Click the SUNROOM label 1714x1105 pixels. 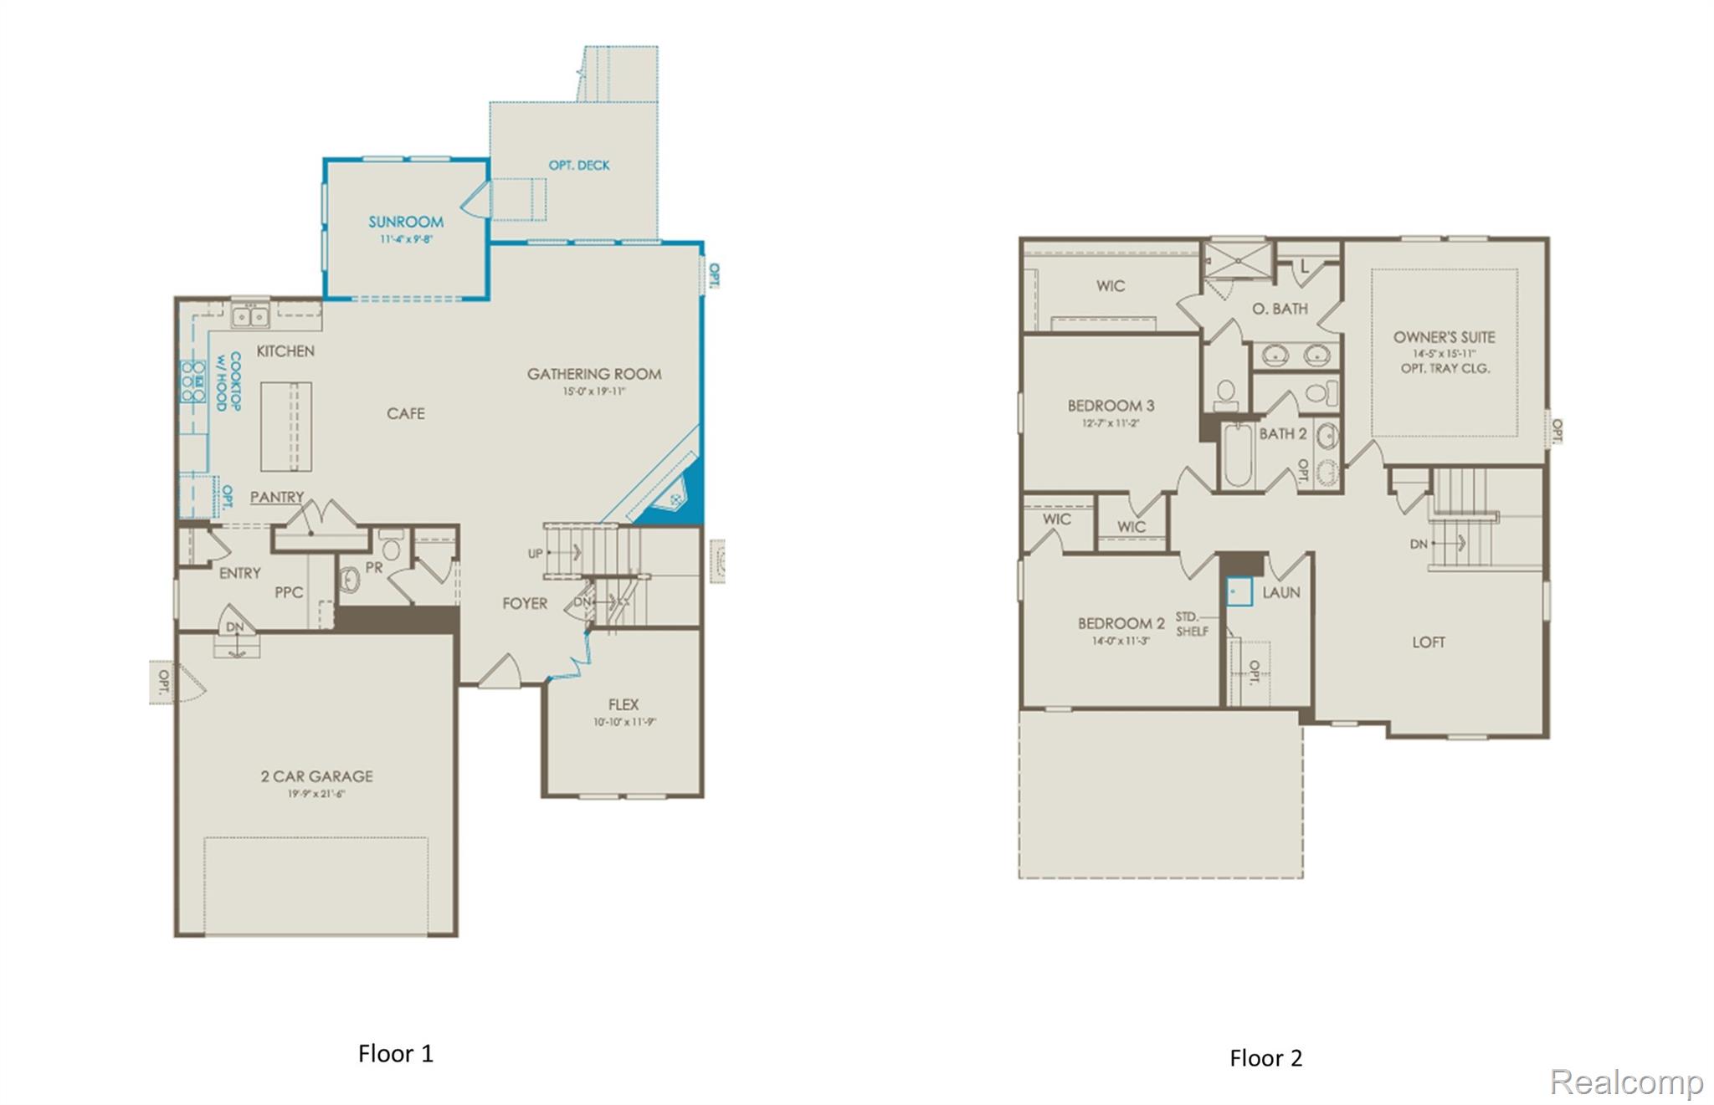coord(406,222)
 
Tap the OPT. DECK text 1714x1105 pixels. coord(579,166)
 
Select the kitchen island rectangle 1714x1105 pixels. coord(286,427)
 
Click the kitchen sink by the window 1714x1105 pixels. coord(249,317)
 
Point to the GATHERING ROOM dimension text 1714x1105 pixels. coord(594,391)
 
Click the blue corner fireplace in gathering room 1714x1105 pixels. coord(675,501)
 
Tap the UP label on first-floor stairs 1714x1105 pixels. coord(536,554)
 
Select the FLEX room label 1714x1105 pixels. coord(624,704)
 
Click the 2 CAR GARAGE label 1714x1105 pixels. coord(316,776)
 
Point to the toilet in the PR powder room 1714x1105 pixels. coord(391,549)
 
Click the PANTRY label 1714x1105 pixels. coord(277,497)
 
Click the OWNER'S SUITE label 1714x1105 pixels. coord(1444,337)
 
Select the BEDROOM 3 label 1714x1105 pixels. coord(1111,406)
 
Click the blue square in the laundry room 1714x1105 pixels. coord(1239,591)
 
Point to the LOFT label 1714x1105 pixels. coord(1428,642)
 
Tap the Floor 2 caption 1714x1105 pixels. coord(1265,1058)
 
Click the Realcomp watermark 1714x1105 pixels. coord(1626,1082)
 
